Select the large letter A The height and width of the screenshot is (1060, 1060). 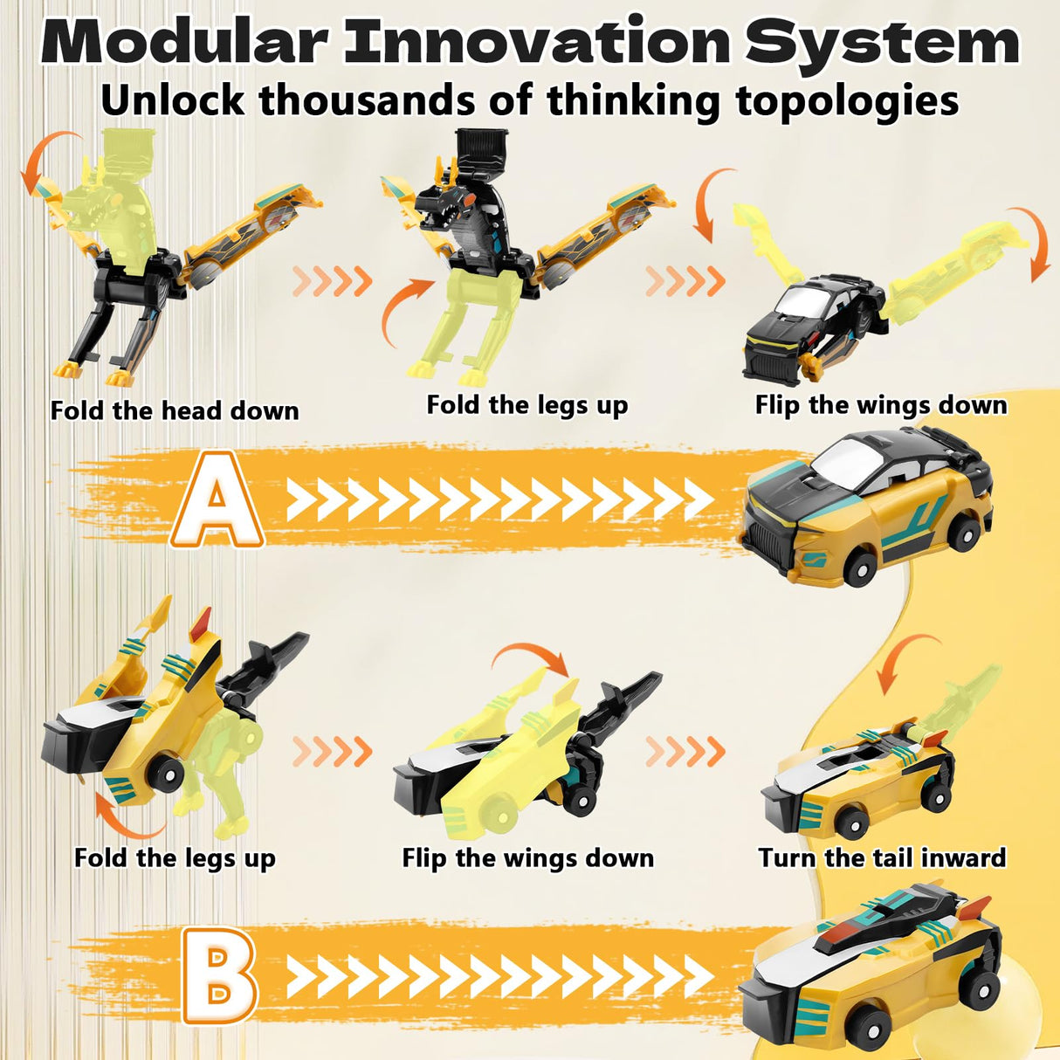pos(217,499)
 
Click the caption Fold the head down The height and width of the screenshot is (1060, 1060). pos(175,410)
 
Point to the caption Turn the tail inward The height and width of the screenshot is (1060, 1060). pos(882,857)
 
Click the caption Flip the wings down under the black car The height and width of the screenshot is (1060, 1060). pos(881,405)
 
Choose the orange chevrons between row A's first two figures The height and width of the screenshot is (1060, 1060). pos(333,281)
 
